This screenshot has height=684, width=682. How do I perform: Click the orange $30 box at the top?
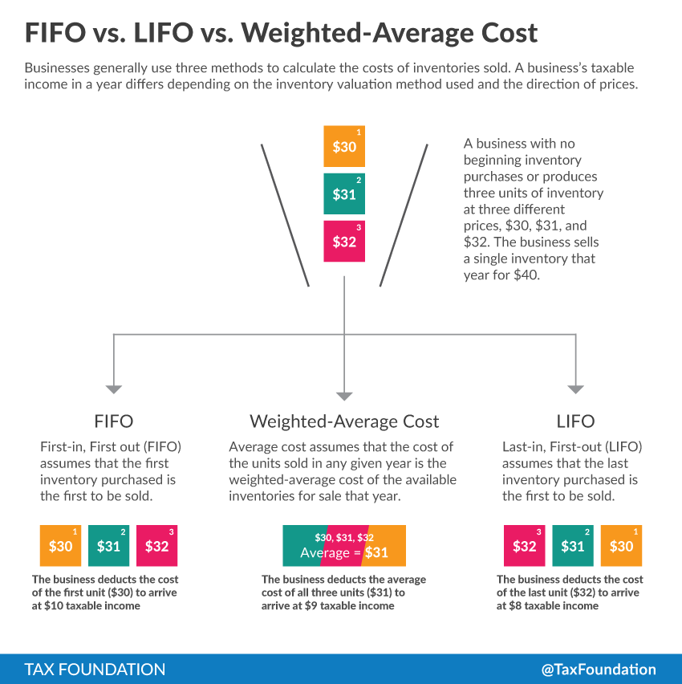(344, 146)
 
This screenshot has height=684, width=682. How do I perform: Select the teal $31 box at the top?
(344, 193)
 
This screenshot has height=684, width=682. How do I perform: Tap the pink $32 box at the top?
(344, 241)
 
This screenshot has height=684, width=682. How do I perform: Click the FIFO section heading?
(114, 421)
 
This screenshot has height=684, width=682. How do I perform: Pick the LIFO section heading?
(575, 421)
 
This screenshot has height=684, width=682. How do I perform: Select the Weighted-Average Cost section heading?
(344, 421)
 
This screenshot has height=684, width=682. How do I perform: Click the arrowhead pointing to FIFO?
(114, 389)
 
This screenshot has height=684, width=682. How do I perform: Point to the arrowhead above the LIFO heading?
(575, 389)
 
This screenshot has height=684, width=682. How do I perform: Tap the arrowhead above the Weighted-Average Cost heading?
(344, 395)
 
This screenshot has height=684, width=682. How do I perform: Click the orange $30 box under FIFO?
(60, 546)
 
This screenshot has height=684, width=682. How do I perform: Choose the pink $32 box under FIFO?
(156, 546)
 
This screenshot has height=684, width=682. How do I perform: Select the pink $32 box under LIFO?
(524, 546)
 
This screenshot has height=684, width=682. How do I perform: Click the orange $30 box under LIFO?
(621, 546)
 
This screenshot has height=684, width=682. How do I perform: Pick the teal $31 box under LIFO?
(572, 546)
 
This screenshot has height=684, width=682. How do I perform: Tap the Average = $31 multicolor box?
(344, 546)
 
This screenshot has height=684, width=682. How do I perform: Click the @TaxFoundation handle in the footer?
(599, 669)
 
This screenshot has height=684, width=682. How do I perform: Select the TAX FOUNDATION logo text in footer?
(95, 669)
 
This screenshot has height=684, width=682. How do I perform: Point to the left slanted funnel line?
(286, 214)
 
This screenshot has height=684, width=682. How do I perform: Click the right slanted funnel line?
(404, 214)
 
